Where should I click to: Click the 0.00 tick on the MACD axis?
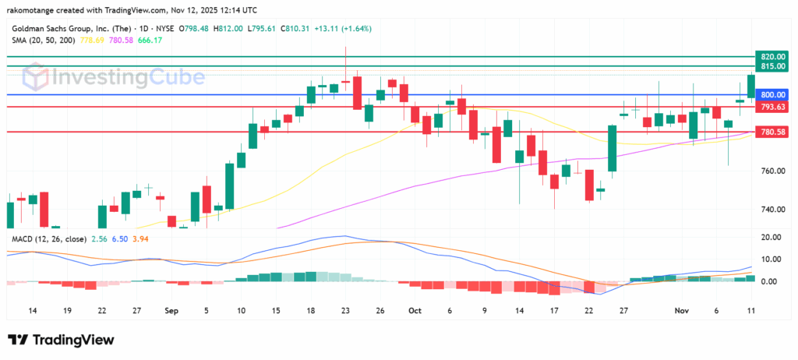tap(769, 281)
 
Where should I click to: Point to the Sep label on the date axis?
tap(171, 310)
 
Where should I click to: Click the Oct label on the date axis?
tap(413, 310)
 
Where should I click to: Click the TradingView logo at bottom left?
tap(62, 341)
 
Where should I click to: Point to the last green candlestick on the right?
tap(750, 86)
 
